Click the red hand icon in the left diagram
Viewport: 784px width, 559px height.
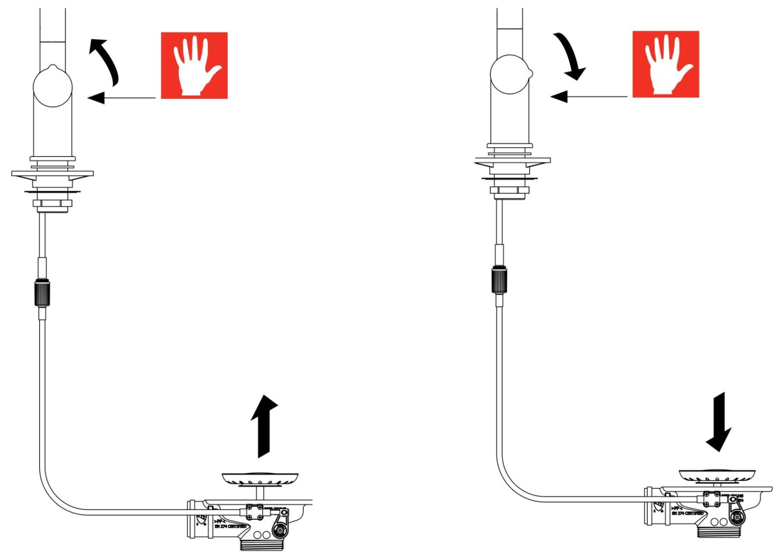coord(194,65)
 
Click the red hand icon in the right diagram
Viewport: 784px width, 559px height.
coord(665,64)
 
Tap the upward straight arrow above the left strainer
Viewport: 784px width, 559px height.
coord(264,426)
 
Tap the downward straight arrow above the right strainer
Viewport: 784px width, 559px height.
coord(719,422)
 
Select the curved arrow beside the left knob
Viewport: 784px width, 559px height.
coord(105,61)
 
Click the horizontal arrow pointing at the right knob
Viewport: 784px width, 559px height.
coord(588,96)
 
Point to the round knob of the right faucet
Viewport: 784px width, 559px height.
coord(510,74)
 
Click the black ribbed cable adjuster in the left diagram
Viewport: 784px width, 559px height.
coord(42,293)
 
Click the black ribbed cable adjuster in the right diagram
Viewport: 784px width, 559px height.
coord(499,279)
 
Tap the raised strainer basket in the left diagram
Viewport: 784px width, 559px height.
coord(260,479)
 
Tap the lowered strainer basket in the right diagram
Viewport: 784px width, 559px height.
coord(716,475)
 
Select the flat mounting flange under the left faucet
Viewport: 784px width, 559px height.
coord(52,174)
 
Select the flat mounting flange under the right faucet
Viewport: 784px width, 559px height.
coord(512,160)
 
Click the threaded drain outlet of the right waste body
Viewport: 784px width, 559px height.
coord(719,532)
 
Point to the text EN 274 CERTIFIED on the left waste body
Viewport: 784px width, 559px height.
coord(230,526)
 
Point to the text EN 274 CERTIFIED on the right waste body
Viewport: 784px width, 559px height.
coord(687,513)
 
